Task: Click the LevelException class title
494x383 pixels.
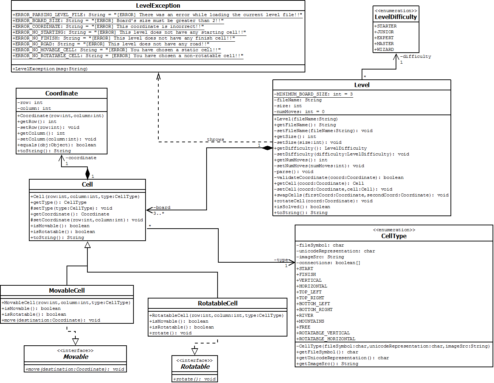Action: point(158,6)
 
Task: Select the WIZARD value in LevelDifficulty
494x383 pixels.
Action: point(385,49)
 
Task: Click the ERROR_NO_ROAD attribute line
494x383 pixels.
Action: point(111,44)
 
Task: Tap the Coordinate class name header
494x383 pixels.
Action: point(61,93)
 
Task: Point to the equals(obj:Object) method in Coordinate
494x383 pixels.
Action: point(57,145)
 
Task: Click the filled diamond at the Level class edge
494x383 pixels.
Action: point(267,148)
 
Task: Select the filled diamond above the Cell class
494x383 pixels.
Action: point(87,173)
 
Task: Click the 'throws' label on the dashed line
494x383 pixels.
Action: point(215,139)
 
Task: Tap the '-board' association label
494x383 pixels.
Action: point(162,207)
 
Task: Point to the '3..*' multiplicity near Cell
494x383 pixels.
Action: point(159,213)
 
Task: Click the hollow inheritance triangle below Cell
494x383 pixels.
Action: point(87,245)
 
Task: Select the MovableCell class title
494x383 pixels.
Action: point(67,290)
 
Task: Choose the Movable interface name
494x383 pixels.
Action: point(76,357)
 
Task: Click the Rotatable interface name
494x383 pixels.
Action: point(195,367)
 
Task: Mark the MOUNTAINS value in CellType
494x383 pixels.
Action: point(310,321)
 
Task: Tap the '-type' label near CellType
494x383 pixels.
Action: point(281,260)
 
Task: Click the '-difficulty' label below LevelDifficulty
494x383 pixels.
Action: point(416,56)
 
